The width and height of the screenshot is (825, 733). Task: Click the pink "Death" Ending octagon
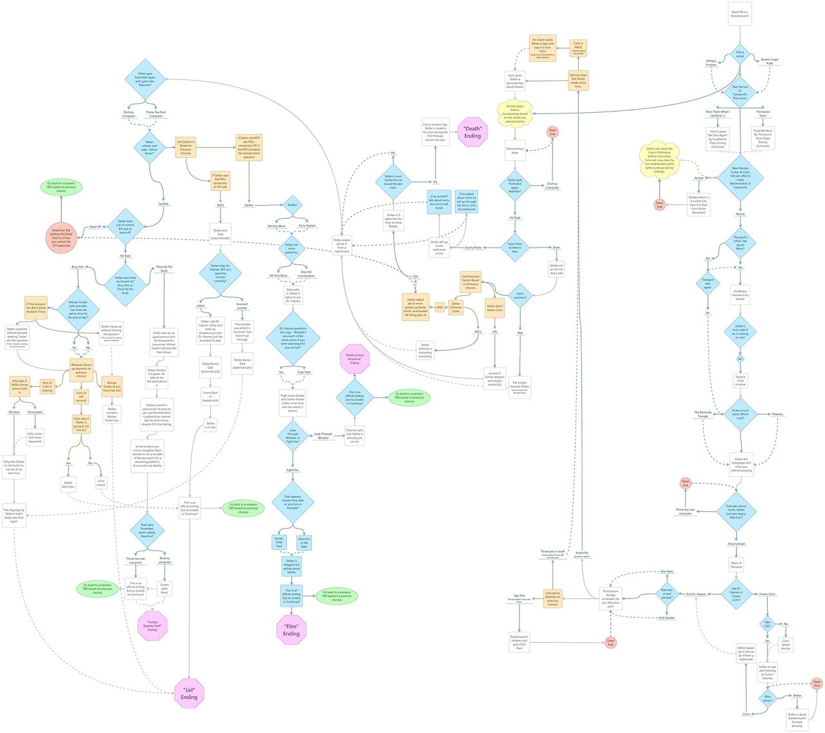pyautogui.click(x=472, y=133)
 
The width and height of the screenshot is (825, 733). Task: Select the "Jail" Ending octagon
pyautogui.click(x=189, y=694)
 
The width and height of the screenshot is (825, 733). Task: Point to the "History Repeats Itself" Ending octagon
pyautogui.click(x=152, y=626)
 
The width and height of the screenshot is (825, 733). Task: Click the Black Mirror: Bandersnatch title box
pyautogui.click(x=740, y=14)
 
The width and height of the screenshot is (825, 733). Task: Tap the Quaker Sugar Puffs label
pyautogui.click(x=770, y=62)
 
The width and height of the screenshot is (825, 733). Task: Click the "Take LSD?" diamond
pyautogui.click(x=768, y=624)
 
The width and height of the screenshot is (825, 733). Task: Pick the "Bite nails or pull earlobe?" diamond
pyautogui.click(x=666, y=594)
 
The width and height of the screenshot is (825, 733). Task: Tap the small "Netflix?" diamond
pyautogui.click(x=293, y=205)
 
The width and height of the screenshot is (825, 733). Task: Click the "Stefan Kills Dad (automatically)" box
pyautogui.click(x=220, y=234)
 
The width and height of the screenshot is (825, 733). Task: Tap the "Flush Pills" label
pyautogui.click(x=582, y=553)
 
